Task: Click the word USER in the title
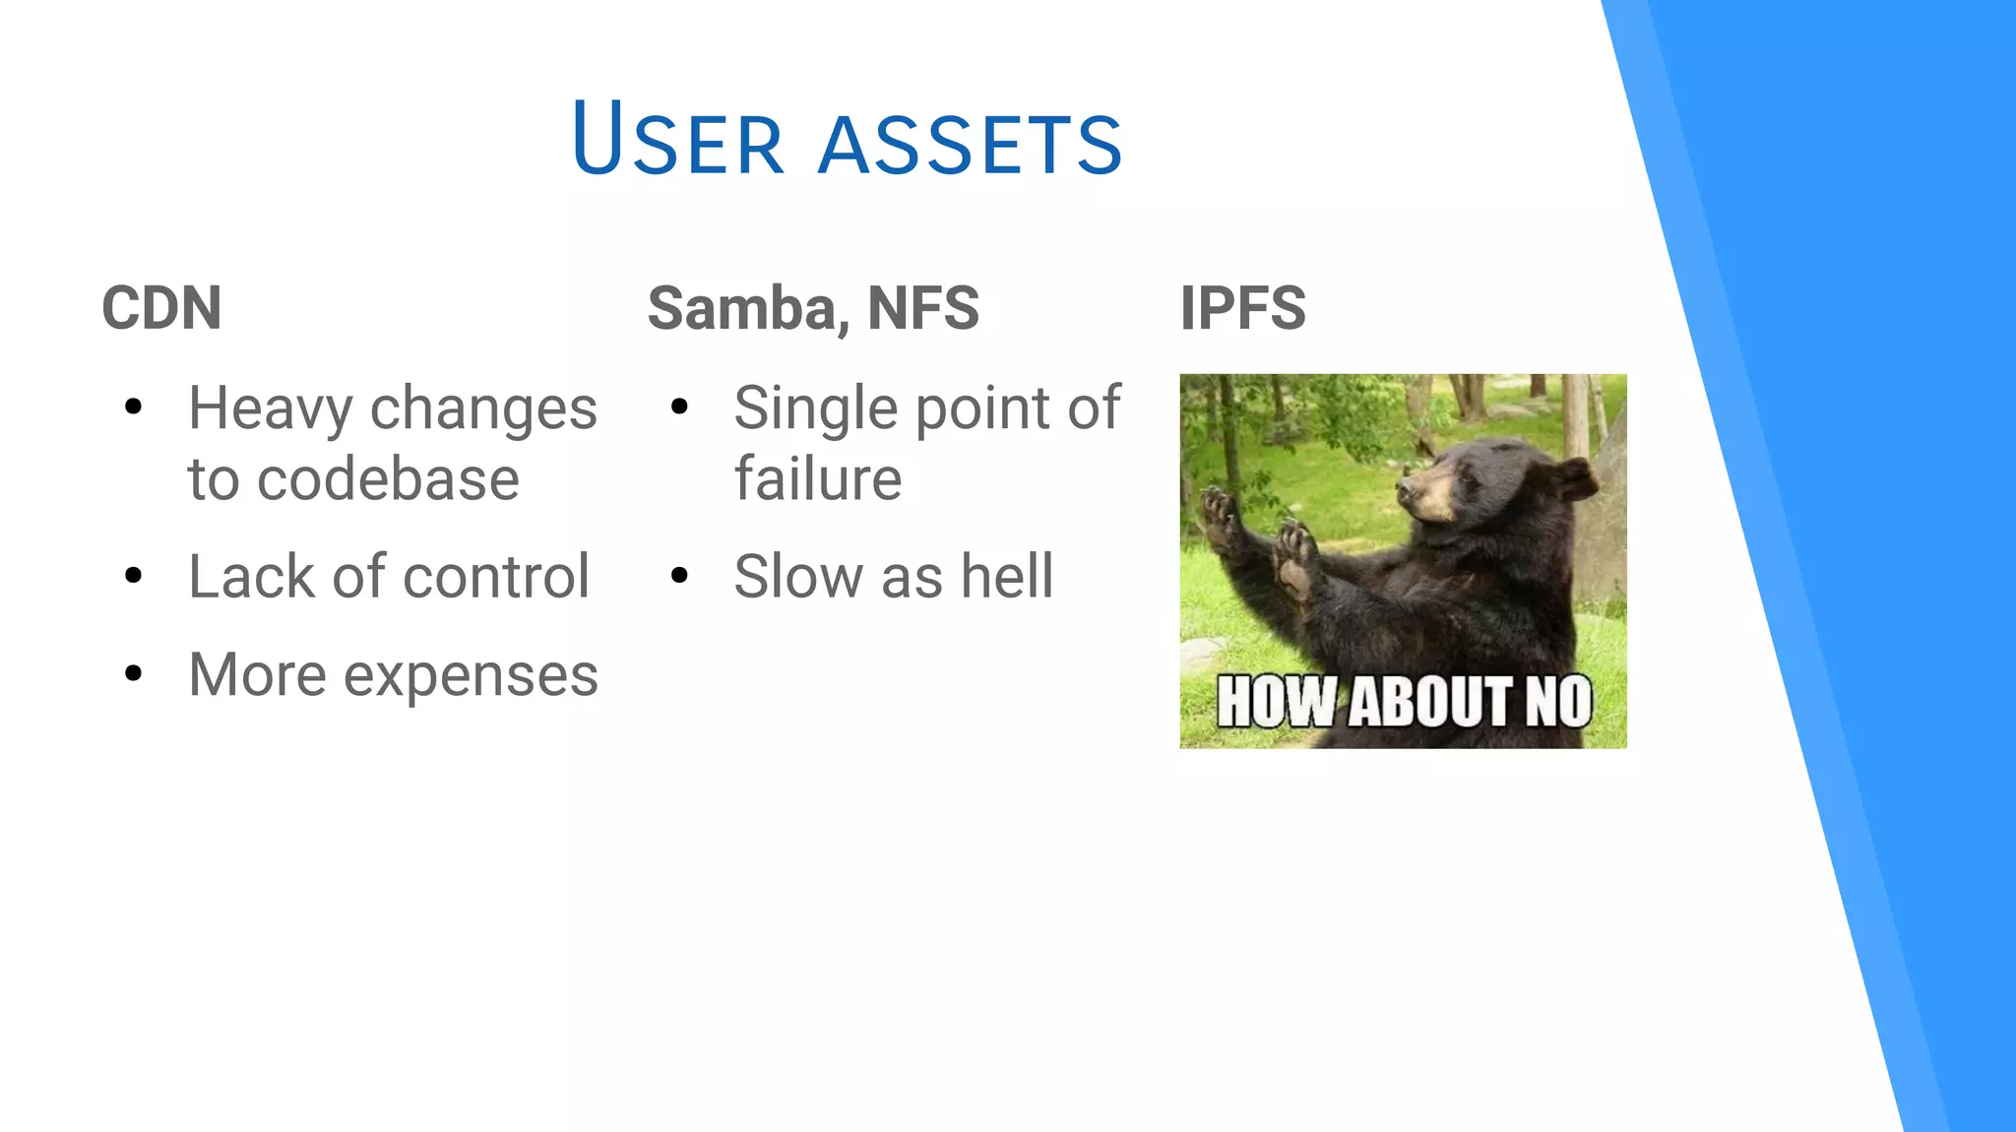(x=677, y=140)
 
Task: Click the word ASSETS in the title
(x=970, y=145)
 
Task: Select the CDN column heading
(x=161, y=308)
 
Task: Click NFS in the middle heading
(x=922, y=308)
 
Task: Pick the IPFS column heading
(x=1242, y=308)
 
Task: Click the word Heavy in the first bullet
(x=270, y=409)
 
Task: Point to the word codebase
(x=388, y=480)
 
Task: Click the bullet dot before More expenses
(x=134, y=673)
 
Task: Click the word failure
(x=817, y=480)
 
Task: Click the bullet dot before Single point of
(x=679, y=407)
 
